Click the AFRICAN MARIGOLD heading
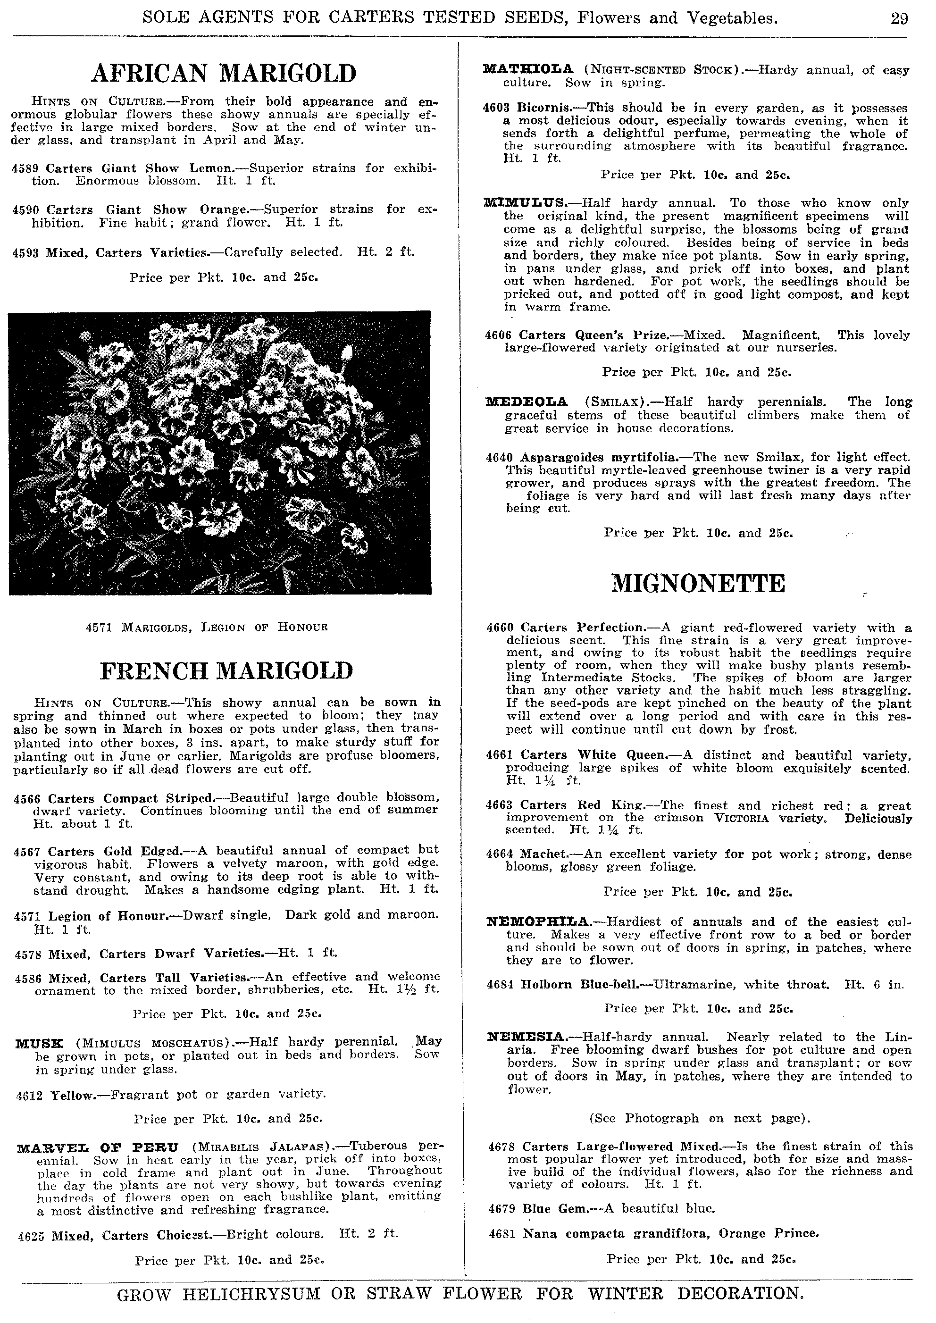pos(224,73)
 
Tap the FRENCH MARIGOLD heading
pos(226,671)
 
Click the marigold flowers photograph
pos(219,452)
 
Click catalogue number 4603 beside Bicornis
pos(497,108)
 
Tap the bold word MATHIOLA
pos(528,70)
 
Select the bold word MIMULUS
pos(526,203)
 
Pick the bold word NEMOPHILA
pos(538,922)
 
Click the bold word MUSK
pos(39,1043)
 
